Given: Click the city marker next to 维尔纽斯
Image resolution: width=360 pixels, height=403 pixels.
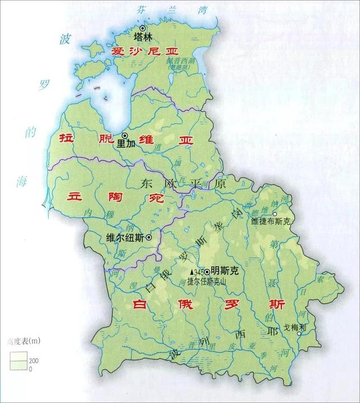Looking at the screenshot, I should click(148, 238).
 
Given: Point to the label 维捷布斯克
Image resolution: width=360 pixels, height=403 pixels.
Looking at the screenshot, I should click(273, 222).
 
